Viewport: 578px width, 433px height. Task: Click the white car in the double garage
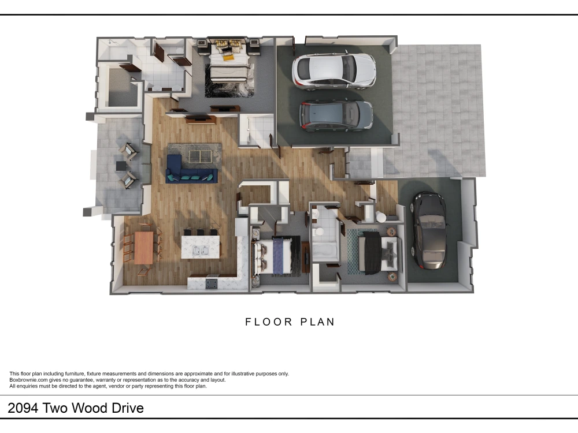(x=334, y=71)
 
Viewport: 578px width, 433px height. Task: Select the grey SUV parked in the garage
(x=336, y=115)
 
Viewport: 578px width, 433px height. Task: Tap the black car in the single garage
(x=429, y=230)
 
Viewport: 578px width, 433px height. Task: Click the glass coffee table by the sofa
(x=200, y=156)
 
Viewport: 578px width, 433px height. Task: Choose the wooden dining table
(x=144, y=248)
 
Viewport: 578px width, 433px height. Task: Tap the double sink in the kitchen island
(x=201, y=251)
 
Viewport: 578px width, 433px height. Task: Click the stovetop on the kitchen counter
(x=212, y=283)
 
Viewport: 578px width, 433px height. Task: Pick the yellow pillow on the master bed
(x=228, y=57)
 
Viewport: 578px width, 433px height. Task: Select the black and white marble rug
(x=229, y=80)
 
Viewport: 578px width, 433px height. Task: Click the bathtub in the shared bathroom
(x=325, y=251)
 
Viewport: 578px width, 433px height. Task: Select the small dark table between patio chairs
(x=121, y=166)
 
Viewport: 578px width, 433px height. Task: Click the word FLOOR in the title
(x=269, y=322)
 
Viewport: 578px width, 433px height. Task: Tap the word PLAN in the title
(x=317, y=322)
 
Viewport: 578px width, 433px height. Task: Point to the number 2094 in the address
(x=23, y=408)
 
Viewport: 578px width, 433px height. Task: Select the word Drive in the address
(x=128, y=408)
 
